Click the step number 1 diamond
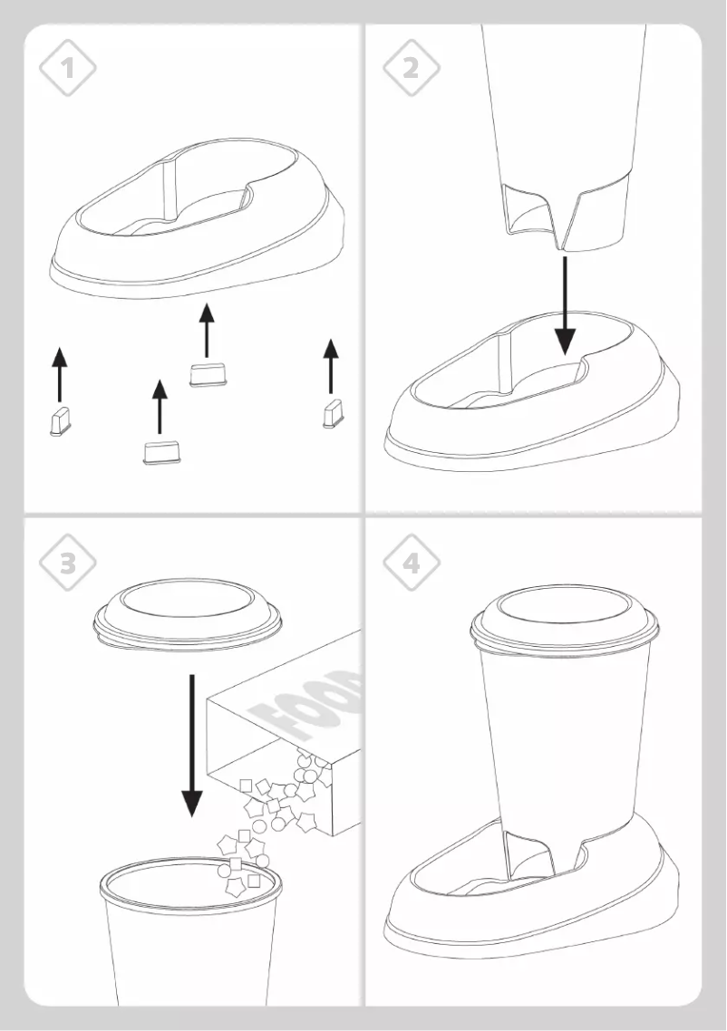point(68,66)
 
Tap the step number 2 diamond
point(411,66)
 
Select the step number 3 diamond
point(68,563)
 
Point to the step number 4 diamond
point(411,563)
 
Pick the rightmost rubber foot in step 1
point(332,413)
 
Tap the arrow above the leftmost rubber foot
point(60,372)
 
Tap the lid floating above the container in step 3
point(188,616)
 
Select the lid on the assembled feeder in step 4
point(563,621)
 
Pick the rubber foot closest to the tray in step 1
point(208,374)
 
